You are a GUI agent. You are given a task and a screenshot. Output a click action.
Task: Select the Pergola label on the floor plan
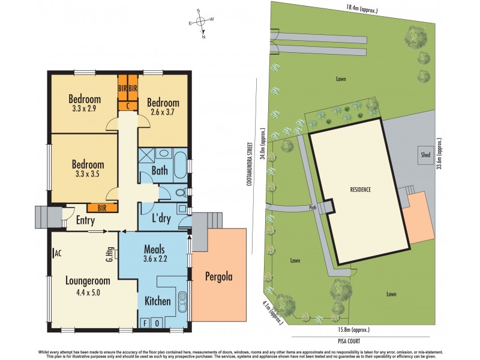point(218,277)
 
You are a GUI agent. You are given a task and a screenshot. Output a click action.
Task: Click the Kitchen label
point(157,301)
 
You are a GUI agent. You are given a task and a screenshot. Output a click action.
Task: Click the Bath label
point(160,171)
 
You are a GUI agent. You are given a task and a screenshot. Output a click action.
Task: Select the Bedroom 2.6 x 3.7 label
point(163,107)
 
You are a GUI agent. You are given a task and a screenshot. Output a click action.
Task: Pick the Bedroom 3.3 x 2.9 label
point(83,104)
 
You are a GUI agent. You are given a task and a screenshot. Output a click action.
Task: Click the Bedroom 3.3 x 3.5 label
point(88,169)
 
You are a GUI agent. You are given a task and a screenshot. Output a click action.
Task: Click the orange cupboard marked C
point(128,106)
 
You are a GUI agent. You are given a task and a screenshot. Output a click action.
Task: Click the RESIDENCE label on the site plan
point(361,190)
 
